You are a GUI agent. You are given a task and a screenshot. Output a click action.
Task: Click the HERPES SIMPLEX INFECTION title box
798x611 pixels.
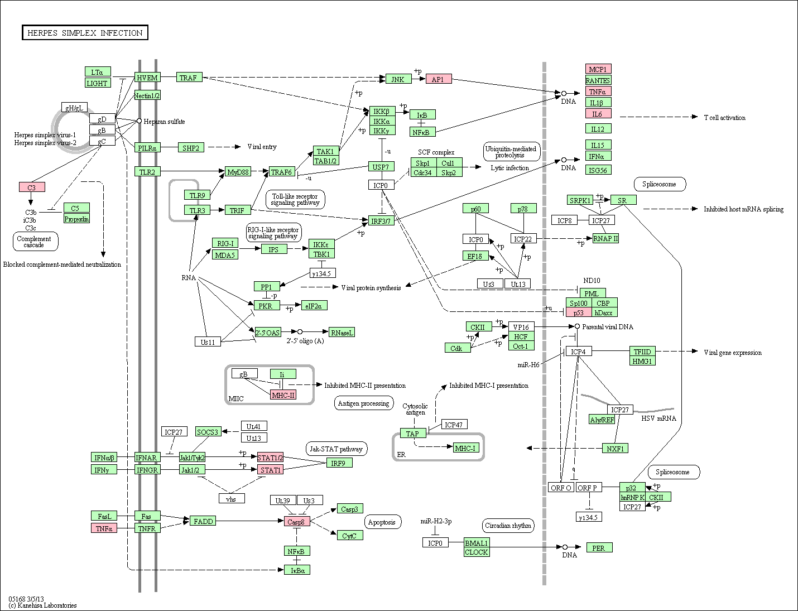85,32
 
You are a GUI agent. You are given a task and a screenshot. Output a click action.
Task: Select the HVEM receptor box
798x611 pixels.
147,78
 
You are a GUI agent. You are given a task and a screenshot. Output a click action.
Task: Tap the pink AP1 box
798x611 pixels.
439,79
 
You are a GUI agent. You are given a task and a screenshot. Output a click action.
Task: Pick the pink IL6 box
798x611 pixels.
598,114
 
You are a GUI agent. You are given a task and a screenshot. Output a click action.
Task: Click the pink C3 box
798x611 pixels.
32,187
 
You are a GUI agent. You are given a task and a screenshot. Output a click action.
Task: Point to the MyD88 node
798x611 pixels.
238,171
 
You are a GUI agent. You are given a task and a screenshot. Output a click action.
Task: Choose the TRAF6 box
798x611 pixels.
282,171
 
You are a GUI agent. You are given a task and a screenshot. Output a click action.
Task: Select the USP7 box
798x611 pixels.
381,167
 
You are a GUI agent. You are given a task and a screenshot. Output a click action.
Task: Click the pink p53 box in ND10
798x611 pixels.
578,312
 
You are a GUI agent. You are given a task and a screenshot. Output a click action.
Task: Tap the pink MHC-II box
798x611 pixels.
283,395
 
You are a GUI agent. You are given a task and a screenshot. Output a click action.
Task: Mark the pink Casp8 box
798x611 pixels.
297,521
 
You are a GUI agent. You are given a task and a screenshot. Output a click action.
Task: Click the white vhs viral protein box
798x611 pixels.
232,499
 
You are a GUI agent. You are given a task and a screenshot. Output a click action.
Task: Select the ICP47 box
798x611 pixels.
454,425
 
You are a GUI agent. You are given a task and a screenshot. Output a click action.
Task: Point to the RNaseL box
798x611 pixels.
342,333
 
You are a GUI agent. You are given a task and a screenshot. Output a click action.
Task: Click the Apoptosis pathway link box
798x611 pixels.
383,522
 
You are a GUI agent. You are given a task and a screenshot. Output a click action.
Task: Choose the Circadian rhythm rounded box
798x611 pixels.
508,526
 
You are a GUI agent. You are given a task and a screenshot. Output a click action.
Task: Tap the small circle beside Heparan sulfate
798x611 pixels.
139,121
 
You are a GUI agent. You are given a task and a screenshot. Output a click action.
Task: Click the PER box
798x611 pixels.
599,548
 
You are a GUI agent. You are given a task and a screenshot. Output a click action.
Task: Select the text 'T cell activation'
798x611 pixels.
724,118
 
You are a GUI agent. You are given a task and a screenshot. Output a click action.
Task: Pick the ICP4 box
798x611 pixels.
579,352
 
